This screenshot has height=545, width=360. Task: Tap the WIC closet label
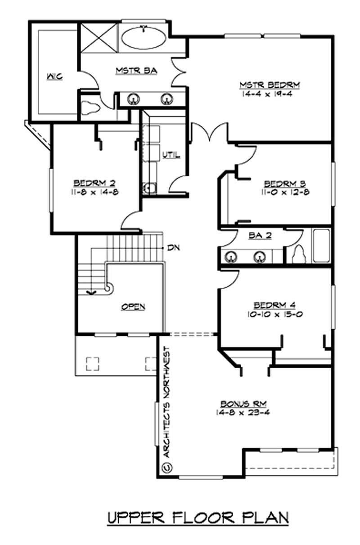[x=55, y=76]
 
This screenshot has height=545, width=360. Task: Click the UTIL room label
[x=171, y=155]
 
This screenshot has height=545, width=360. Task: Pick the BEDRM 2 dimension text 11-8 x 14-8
[x=94, y=192]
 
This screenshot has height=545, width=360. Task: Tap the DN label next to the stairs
[x=173, y=248]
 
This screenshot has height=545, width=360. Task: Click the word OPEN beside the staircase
[x=133, y=307]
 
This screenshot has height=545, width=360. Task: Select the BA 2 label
[x=260, y=236]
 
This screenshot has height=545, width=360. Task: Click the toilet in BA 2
[x=298, y=255]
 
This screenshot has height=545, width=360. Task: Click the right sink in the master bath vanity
[x=167, y=98]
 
